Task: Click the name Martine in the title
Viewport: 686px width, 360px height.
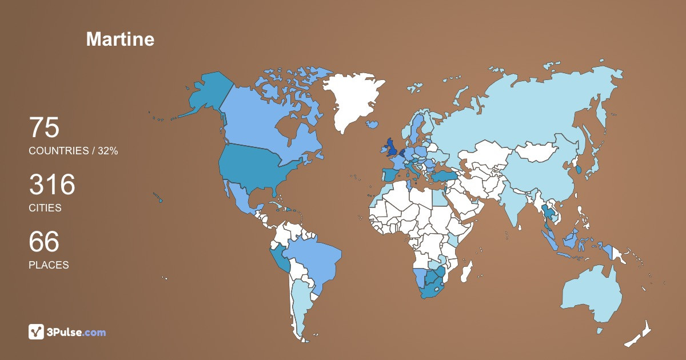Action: (120, 39)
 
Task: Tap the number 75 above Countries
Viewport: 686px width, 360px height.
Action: (44, 127)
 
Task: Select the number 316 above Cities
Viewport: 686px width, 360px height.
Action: (52, 185)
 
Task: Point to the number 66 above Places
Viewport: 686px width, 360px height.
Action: (44, 242)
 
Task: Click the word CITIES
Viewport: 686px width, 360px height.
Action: (45, 208)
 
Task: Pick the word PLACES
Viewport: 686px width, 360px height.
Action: (49, 265)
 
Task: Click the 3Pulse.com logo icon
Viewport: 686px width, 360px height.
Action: (37, 331)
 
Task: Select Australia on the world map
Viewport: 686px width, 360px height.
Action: (592, 294)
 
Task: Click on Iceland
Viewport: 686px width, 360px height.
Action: (373, 124)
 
